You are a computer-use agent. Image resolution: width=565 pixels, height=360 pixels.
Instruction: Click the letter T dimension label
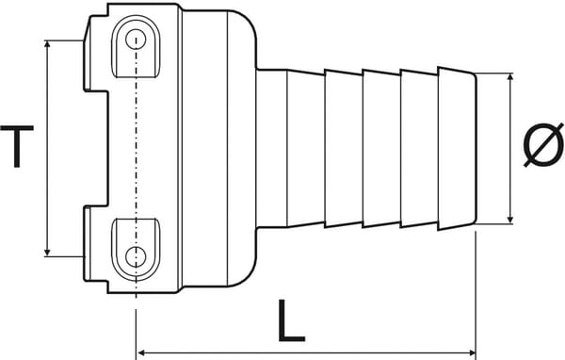click(17, 149)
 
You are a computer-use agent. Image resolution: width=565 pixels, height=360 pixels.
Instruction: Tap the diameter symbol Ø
click(543, 148)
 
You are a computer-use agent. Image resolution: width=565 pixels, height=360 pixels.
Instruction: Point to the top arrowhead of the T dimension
click(47, 45)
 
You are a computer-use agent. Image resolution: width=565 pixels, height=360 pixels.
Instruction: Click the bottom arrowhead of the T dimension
click(47, 250)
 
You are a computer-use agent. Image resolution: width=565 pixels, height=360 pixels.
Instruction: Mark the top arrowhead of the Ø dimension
click(509, 77)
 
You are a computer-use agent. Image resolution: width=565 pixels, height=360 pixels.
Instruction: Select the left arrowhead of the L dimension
click(143, 353)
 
